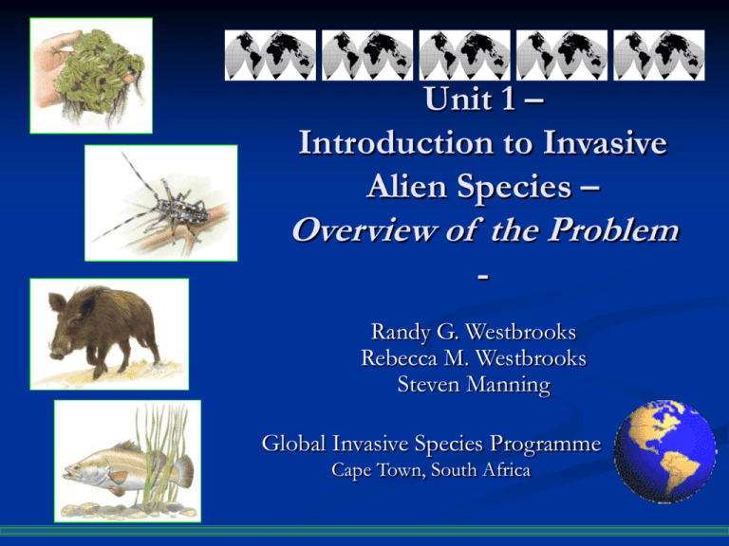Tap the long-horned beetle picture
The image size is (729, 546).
(160, 202)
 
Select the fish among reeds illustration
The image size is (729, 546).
(127, 461)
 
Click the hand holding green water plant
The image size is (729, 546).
(90, 75)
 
